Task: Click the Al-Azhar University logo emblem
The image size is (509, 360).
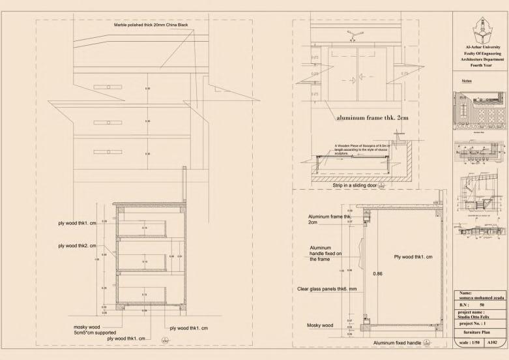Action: (x=482, y=30)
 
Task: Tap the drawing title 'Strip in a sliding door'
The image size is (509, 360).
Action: (x=355, y=186)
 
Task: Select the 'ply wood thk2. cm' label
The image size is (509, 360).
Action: (x=77, y=246)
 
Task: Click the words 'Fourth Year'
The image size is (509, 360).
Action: (x=482, y=65)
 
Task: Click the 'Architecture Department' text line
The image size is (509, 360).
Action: (x=482, y=59)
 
